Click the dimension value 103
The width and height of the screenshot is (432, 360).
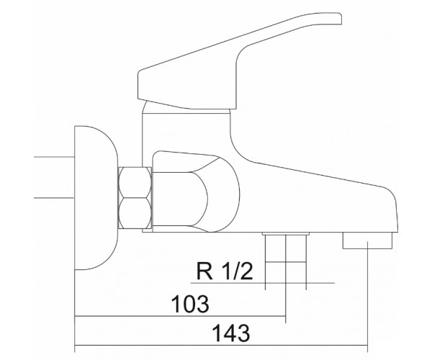(190, 304)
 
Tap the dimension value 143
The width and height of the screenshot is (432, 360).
(231, 333)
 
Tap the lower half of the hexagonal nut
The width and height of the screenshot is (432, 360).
(135, 213)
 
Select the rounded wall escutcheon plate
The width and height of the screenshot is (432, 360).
(96, 198)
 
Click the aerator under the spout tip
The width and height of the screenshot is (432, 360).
(367, 240)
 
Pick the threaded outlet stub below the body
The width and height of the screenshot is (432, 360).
(286, 261)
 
